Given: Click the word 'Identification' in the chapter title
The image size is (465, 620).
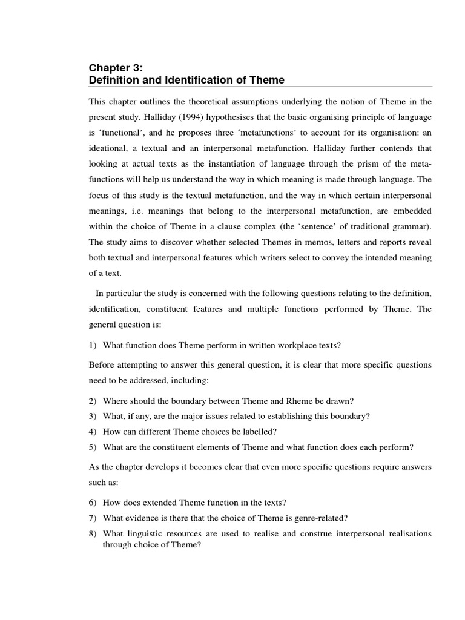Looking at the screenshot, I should [x=173, y=80].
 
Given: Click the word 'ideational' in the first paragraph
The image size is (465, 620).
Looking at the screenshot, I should [x=110, y=148].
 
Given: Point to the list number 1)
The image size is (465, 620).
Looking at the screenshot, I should [x=93, y=345].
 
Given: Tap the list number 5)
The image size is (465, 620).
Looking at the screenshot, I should [x=93, y=447].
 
